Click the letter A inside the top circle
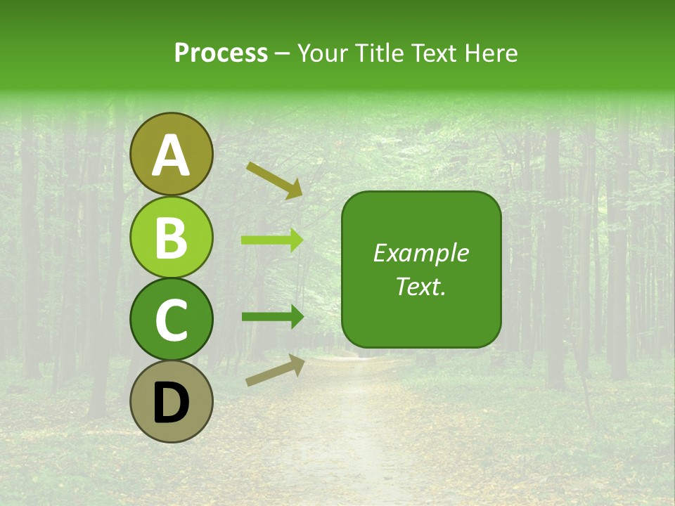click(x=172, y=156)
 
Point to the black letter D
click(x=172, y=403)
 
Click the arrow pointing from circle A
click(x=275, y=180)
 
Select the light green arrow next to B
click(x=273, y=240)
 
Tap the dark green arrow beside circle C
click(x=273, y=316)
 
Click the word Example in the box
click(x=421, y=253)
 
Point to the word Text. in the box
click(x=421, y=287)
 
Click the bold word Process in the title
click(x=221, y=53)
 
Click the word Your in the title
click(x=323, y=53)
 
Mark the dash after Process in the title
click(x=282, y=54)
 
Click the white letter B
click(x=172, y=238)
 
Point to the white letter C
click(x=172, y=320)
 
